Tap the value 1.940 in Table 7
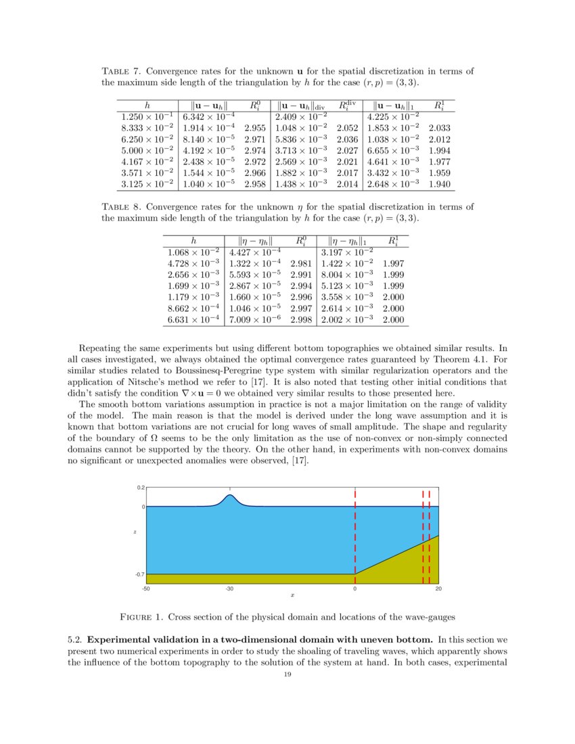pos(440,183)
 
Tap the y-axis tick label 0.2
pos(141,487)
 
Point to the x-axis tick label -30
pos(229,590)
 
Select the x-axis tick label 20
pos(438,590)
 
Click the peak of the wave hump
pos(230,495)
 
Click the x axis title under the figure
pos(292,597)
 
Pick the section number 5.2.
pos(76,639)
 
